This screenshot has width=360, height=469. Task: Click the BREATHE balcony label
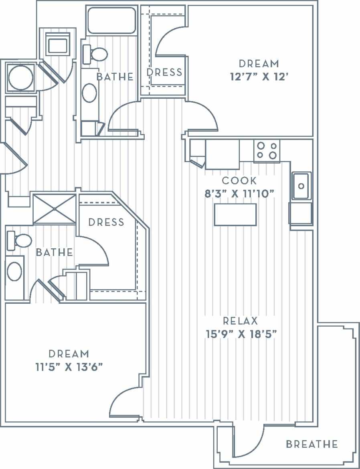pos(311,444)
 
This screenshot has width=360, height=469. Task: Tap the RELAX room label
pos(240,321)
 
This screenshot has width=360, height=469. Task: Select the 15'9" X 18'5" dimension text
pos(240,334)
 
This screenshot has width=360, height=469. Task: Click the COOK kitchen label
pos(239,181)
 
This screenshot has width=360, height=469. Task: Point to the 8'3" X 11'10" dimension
pos(239,194)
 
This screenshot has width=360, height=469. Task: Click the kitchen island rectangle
pos(235,215)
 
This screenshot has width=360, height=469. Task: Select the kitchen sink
pos(301,186)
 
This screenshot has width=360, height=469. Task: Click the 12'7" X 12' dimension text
pos(259,77)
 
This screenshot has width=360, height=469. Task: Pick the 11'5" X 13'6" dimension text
pos(69,367)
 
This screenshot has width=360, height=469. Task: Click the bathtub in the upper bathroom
pos(111,20)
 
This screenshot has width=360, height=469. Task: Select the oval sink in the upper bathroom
pos(89,93)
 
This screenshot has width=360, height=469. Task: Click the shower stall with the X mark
pos(54,209)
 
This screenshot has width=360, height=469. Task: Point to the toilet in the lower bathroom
pos(20,241)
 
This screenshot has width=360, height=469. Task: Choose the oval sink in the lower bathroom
pos(15,272)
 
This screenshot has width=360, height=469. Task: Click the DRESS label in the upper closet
pos(164,72)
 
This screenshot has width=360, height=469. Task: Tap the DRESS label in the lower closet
pos(106,222)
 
